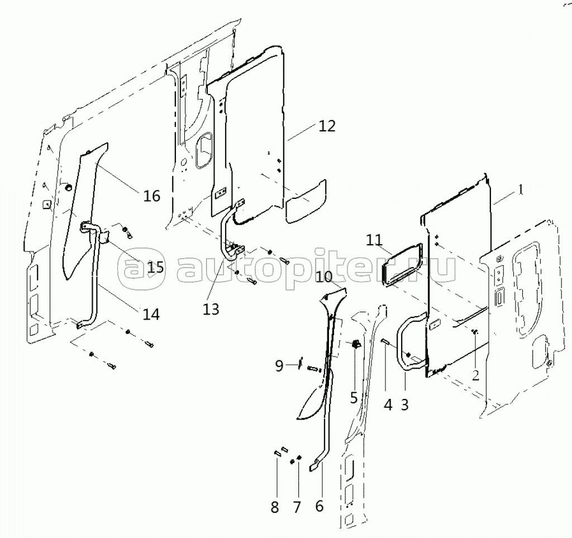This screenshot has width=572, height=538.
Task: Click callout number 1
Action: click(x=521, y=189)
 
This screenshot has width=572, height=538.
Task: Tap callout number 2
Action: click(x=475, y=375)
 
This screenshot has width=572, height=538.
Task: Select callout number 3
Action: click(x=405, y=404)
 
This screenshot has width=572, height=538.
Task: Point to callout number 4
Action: click(x=388, y=404)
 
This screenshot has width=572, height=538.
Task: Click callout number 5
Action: click(x=354, y=398)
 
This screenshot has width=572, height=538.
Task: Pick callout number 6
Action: click(x=319, y=506)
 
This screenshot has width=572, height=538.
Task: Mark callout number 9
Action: click(x=279, y=365)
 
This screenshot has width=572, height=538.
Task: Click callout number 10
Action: click(x=325, y=277)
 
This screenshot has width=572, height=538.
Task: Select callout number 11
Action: click(x=374, y=240)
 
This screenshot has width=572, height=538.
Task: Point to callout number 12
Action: click(x=327, y=126)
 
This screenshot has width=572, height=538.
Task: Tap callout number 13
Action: click(x=211, y=310)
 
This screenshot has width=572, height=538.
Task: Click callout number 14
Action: click(x=151, y=314)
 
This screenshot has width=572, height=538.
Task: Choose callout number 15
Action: click(x=155, y=268)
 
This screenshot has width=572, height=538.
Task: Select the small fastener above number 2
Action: click(x=475, y=331)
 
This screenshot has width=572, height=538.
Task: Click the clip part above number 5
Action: click(x=355, y=343)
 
